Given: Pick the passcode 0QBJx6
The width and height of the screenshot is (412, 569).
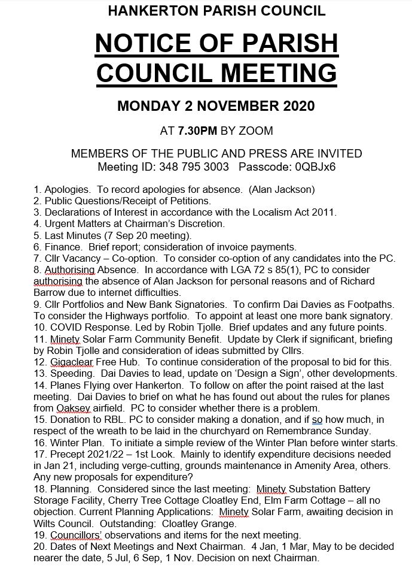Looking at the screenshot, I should pyautogui.click(x=313, y=167).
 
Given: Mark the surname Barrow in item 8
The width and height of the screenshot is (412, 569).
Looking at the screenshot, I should pyautogui.click(x=53, y=293).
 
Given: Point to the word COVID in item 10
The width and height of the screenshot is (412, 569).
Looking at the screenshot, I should pyautogui.click(x=65, y=327).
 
